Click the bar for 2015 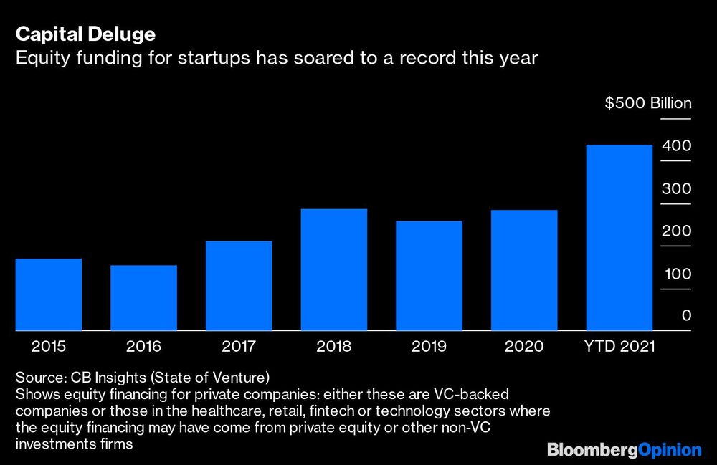pyautogui.click(x=48, y=294)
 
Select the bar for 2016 pyautogui.click(x=143, y=297)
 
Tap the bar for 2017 pyautogui.click(x=239, y=285)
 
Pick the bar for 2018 pyautogui.click(x=333, y=269)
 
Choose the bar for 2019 pyautogui.click(x=429, y=275)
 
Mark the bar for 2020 pyautogui.click(x=524, y=269)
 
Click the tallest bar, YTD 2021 pyautogui.click(x=619, y=237)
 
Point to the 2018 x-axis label pyautogui.click(x=333, y=347)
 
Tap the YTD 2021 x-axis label pyautogui.click(x=619, y=347)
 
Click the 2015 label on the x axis pyautogui.click(x=49, y=347)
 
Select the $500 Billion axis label pyautogui.click(x=648, y=103)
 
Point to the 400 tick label pyautogui.click(x=676, y=146)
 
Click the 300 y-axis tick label pyautogui.click(x=676, y=189)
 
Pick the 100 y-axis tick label pyautogui.click(x=676, y=274)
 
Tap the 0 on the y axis pyautogui.click(x=686, y=315)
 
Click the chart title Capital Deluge pyautogui.click(x=86, y=34)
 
